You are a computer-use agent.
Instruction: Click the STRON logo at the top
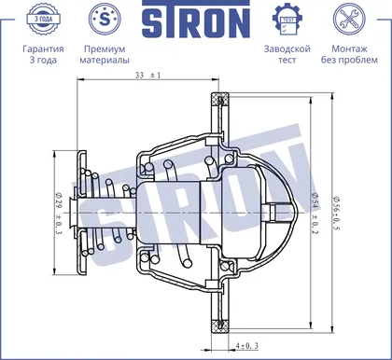tap(196, 20)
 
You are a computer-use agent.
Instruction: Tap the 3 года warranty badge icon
tap(43, 19)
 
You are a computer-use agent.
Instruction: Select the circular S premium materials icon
tap(105, 19)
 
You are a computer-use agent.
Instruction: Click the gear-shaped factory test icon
tap(287, 19)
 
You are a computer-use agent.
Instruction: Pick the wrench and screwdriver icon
tap(349, 19)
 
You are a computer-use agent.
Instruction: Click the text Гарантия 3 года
tap(43, 54)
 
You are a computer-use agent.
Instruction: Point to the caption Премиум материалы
tap(105, 54)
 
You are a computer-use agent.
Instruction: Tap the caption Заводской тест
tap(287, 54)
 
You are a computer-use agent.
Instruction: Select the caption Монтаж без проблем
tap(349, 54)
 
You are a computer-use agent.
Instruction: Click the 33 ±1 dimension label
tap(147, 76)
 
